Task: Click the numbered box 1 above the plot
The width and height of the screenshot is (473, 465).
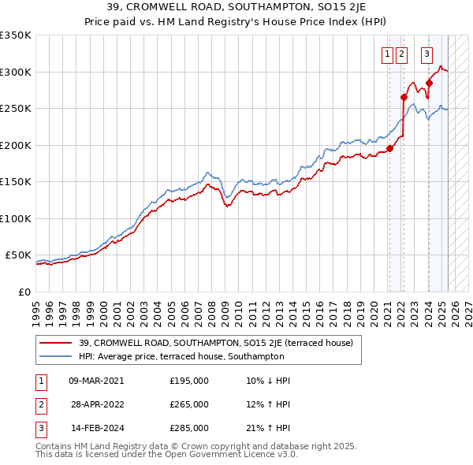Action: pos(389,54)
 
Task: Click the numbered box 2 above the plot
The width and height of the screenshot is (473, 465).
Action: pos(401,54)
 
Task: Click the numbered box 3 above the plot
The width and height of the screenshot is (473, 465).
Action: pos(426,54)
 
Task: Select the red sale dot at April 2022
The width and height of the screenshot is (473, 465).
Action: pos(404,98)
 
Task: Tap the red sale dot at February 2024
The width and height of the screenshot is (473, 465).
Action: pos(430,83)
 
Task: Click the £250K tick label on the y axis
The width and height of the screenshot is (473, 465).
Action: pos(15,109)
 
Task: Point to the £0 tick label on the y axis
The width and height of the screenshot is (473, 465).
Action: pos(24,292)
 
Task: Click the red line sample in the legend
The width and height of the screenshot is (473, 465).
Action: pos(58,343)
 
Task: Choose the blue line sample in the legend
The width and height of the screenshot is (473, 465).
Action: pos(58,356)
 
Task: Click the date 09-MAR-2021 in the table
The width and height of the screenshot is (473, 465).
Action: pos(96,381)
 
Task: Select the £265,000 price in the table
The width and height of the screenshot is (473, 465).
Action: pos(189,404)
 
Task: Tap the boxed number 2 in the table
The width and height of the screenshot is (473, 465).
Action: pos(40,404)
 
